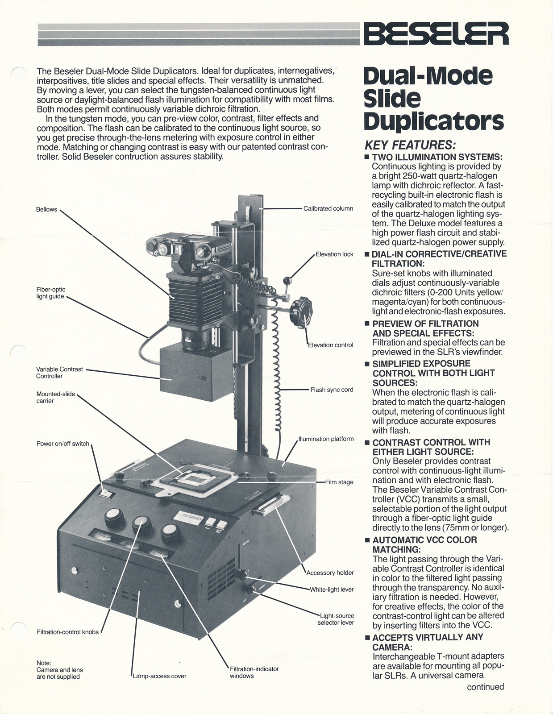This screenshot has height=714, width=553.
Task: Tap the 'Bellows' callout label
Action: tap(46, 209)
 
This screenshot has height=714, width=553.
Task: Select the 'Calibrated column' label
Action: tap(328, 208)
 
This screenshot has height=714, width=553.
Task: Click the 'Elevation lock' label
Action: tap(334, 254)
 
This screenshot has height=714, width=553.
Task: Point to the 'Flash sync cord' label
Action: tap(332, 390)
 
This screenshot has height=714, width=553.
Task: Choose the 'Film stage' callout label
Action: tap(339, 482)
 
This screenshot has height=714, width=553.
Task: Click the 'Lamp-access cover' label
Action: tap(159, 676)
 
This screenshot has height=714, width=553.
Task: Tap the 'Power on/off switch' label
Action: tap(63, 444)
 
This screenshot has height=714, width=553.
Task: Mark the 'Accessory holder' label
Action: tap(330, 573)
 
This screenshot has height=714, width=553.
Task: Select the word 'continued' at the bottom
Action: tap(485, 687)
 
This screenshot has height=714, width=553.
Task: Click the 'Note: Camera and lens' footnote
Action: tap(59, 670)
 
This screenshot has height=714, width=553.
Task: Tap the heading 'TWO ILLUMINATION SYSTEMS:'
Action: tap(437, 157)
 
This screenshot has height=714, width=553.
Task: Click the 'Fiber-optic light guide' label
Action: tap(50, 293)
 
